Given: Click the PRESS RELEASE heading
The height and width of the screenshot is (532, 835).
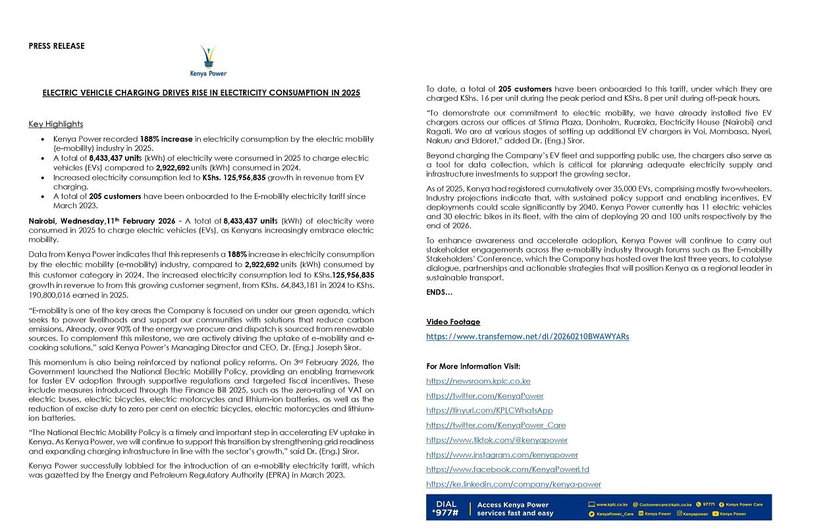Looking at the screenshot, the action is point(57,46).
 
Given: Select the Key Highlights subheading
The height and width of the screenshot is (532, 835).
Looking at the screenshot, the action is point(56,124).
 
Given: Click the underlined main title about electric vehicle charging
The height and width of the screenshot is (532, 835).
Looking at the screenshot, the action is point(201,93).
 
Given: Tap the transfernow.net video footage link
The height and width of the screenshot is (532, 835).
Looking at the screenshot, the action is point(527,337).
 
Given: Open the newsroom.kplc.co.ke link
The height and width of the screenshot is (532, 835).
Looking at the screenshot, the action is point(478,381).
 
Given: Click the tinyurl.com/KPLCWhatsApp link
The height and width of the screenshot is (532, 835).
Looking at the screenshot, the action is point(489,411).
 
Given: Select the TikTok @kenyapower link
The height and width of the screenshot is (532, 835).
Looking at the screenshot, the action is point(497,440).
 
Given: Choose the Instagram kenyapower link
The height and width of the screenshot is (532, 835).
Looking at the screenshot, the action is point(502,455).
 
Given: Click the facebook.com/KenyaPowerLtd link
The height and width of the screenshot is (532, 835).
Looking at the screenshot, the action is point(507,469).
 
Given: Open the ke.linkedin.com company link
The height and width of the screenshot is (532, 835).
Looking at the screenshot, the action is point(513,484).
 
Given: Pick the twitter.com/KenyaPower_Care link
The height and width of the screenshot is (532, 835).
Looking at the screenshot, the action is point(495,425).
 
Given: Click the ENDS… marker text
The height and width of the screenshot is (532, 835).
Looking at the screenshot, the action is point(439,292).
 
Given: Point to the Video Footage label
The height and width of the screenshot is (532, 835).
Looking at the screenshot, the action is point(453,322).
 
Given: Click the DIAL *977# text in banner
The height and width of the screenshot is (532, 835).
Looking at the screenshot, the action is point(445,508).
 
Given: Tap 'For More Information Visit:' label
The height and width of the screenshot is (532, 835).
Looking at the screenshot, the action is point(473,367).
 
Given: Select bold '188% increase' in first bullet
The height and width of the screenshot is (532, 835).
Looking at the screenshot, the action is point(166,139).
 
